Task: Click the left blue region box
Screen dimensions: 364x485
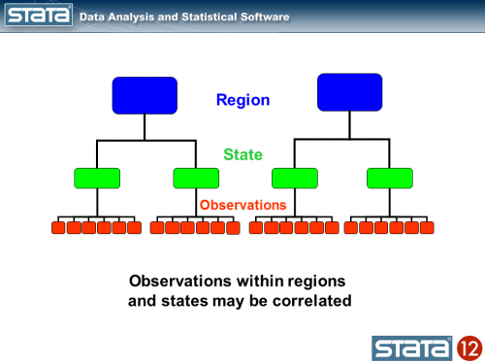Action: click(145, 94)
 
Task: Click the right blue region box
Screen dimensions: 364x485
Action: click(349, 92)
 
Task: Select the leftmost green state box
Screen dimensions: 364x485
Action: click(97, 178)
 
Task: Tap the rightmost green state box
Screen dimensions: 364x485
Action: click(390, 178)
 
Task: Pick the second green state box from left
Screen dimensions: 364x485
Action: click(196, 178)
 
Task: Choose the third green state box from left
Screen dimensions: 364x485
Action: click(295, 178)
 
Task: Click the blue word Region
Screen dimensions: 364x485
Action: click(242, 100)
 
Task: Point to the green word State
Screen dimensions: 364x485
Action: click(242, 154)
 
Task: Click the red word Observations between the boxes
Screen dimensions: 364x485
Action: click(242, 205)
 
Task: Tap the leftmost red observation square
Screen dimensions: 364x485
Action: click(58, 228)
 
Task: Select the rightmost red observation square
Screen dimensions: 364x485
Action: click(427, 228)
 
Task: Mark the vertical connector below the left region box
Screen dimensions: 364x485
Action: click(145, 126)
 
